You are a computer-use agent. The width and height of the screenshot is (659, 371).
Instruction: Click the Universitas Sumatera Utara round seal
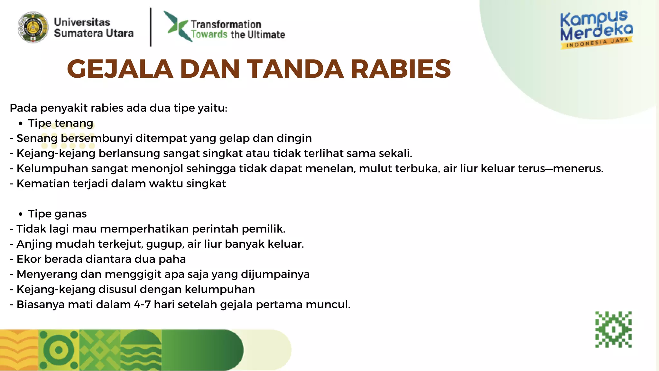point(33,27)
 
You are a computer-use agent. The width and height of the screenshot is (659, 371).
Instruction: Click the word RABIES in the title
point(401,69)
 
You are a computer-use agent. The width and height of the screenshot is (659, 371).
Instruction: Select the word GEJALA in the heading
point(120,69)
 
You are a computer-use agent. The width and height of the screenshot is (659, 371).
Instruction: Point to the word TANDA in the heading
point(295,69)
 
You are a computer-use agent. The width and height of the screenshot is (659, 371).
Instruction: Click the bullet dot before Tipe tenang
point(21,124)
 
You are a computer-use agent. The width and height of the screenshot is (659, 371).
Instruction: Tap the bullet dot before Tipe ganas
point(21,214)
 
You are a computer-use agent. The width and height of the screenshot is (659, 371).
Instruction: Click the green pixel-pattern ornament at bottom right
point(613,329)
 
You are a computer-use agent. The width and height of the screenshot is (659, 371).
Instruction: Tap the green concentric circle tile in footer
point(59,350)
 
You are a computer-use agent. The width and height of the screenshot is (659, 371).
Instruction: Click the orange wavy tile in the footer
point(19,350)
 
